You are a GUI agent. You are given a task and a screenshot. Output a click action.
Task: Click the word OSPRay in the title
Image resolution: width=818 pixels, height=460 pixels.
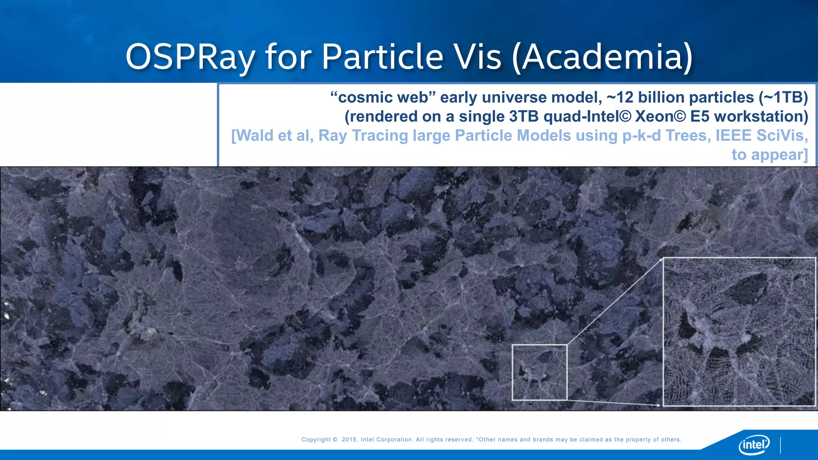[190, 57]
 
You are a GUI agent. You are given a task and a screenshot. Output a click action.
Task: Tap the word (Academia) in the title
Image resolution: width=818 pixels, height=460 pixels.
[602, 57]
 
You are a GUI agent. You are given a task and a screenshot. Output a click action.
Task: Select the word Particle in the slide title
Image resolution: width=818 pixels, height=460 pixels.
[382, 57]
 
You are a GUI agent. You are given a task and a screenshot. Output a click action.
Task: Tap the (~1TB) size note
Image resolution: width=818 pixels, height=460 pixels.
[781, 97]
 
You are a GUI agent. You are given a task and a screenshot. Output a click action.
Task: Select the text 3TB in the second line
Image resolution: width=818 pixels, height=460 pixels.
[524, 117]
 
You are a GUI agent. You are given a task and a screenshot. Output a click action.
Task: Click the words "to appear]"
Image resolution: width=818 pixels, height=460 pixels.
[769, 155]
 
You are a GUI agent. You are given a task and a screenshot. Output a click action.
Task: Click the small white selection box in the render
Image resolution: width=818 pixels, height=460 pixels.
[540, 372]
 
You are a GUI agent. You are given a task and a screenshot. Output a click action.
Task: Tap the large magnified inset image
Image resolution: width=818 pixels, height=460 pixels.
[739, 332]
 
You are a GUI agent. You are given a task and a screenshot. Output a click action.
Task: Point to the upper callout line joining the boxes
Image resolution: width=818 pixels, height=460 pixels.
[615, 301]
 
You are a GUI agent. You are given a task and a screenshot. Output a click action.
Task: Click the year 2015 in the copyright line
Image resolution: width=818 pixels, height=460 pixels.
[349, 440]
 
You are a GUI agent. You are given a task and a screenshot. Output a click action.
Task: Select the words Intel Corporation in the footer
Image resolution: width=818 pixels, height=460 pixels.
[387, 440]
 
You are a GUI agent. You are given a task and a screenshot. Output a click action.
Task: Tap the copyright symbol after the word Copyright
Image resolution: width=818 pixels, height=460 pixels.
[335, 440]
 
